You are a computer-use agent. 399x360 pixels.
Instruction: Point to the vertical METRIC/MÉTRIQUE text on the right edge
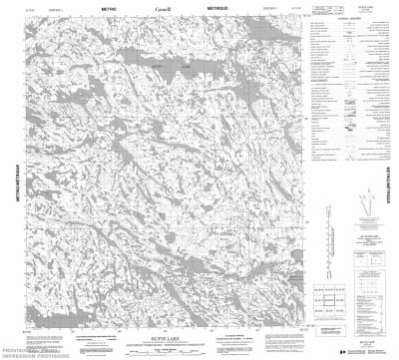pyautogui.click(x=387, y=180)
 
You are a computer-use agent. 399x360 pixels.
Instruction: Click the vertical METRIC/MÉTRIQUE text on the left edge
pyautogui.click(x=11, y=180)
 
